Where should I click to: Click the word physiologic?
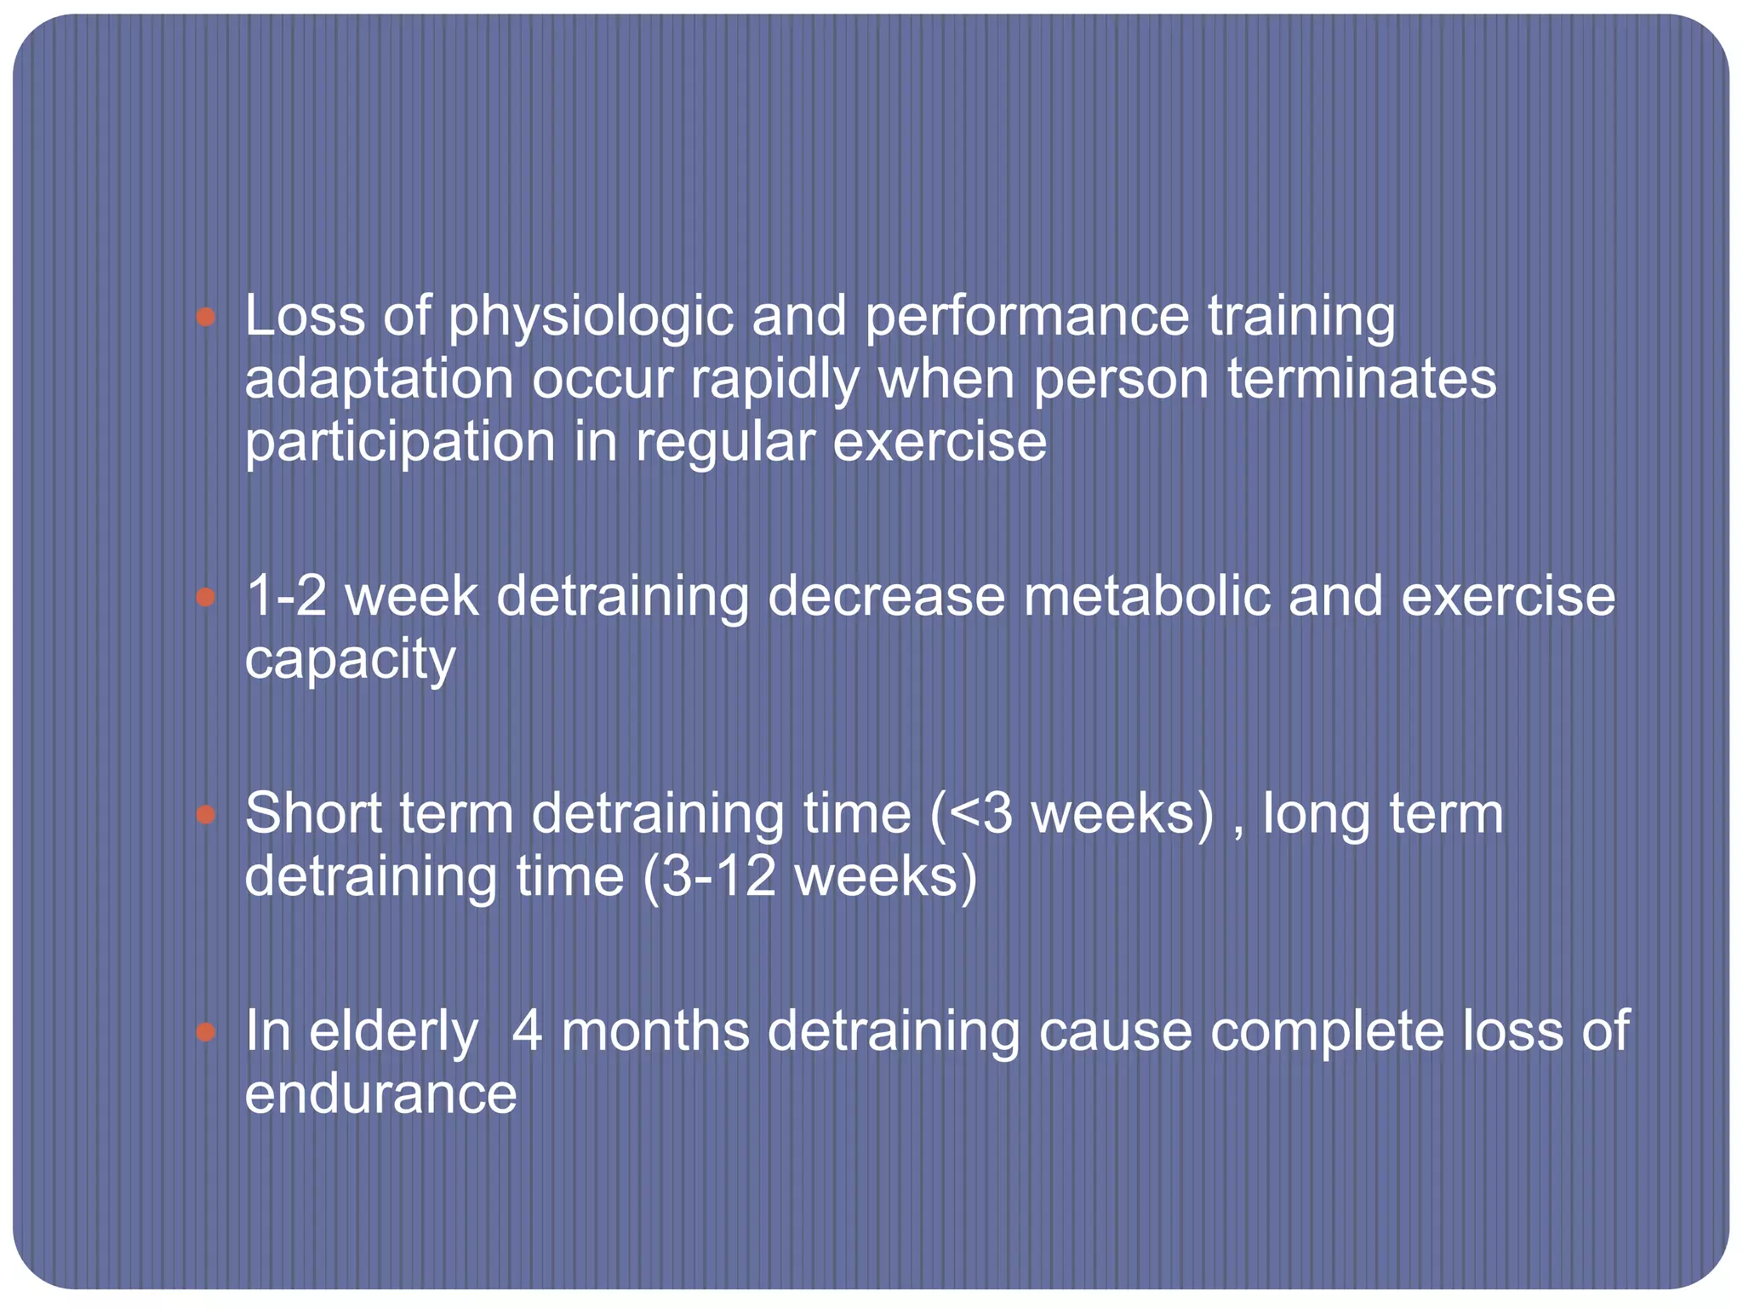[x=591, y=318]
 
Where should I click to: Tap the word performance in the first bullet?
[x=1026, y=318]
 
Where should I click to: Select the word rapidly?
[x=774, y=380]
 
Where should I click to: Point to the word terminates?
[x=1361, y=380]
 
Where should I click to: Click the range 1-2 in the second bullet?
[x=286, y=596]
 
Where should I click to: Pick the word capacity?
[x=350, y=660]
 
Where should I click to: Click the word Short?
[x=313, y=813]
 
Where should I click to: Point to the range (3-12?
[x=709, y=877]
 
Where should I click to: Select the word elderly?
[x=393, y=1031]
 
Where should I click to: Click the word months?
[x=654, y=1031]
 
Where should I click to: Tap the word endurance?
[x=380, y=1094]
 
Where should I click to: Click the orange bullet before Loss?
[x=205, y=318]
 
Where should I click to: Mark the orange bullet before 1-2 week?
[x=205, y=597]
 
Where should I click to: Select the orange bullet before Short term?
[x=205, y=815]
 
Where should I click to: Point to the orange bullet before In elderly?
[x=205, y=1033]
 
